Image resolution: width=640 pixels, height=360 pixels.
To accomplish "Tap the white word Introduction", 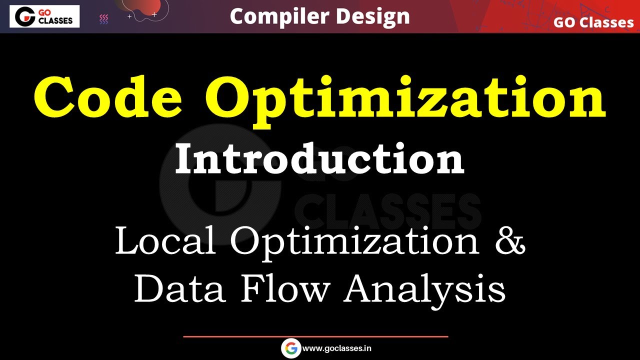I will [319, 158].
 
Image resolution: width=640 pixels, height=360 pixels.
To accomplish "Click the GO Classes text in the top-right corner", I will [593, 22].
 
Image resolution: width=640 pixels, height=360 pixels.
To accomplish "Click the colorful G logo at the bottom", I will [291, 348].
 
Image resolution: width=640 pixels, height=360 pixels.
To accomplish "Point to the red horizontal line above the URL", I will [315, 336].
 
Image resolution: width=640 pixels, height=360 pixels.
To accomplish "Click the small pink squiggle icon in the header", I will [104, 19].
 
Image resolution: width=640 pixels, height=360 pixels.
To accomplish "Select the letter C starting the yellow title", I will [55, 95].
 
